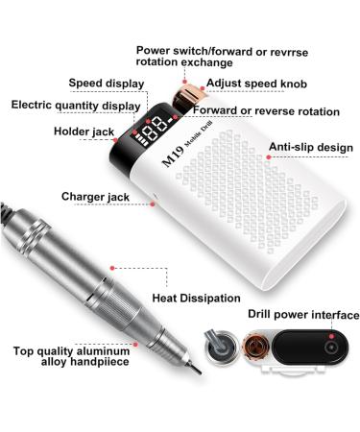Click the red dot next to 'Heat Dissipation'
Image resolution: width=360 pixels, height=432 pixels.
click(x=116, y=262)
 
